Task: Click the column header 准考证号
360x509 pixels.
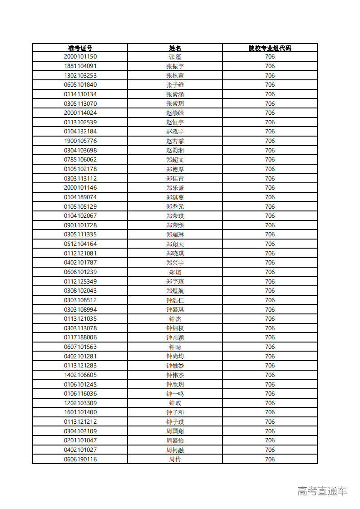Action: tap(80, 48)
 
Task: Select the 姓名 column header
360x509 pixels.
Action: tap(175, 48)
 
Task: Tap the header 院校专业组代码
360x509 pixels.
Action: tap(270, 48)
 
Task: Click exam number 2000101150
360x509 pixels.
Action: tap(80, 57)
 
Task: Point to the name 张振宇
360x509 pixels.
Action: tap(175, 66)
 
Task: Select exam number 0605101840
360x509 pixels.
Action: tap(80, 85)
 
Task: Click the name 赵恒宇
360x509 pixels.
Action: tap(175, 122)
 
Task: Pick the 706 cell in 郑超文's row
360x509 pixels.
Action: tap(270, 160)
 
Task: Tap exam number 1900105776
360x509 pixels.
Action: tap(80, 141)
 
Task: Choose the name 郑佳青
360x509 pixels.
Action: tap(175, 178)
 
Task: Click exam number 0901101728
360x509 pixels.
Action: tap(80, 225)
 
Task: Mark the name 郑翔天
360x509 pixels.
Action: tap(175, 244)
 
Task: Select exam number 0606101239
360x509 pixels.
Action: tap(80, 272)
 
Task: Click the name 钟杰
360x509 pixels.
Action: tap(175, 319)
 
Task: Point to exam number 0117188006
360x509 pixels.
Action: tap(80, 338)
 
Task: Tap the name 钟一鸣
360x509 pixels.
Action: tap(175, 394)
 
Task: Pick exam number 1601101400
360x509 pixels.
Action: tap(80, 412)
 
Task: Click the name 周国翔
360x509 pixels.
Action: tap(175, 431)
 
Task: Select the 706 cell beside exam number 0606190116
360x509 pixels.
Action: tap(270, 459)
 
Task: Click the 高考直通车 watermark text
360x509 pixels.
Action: tap(322, 491)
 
